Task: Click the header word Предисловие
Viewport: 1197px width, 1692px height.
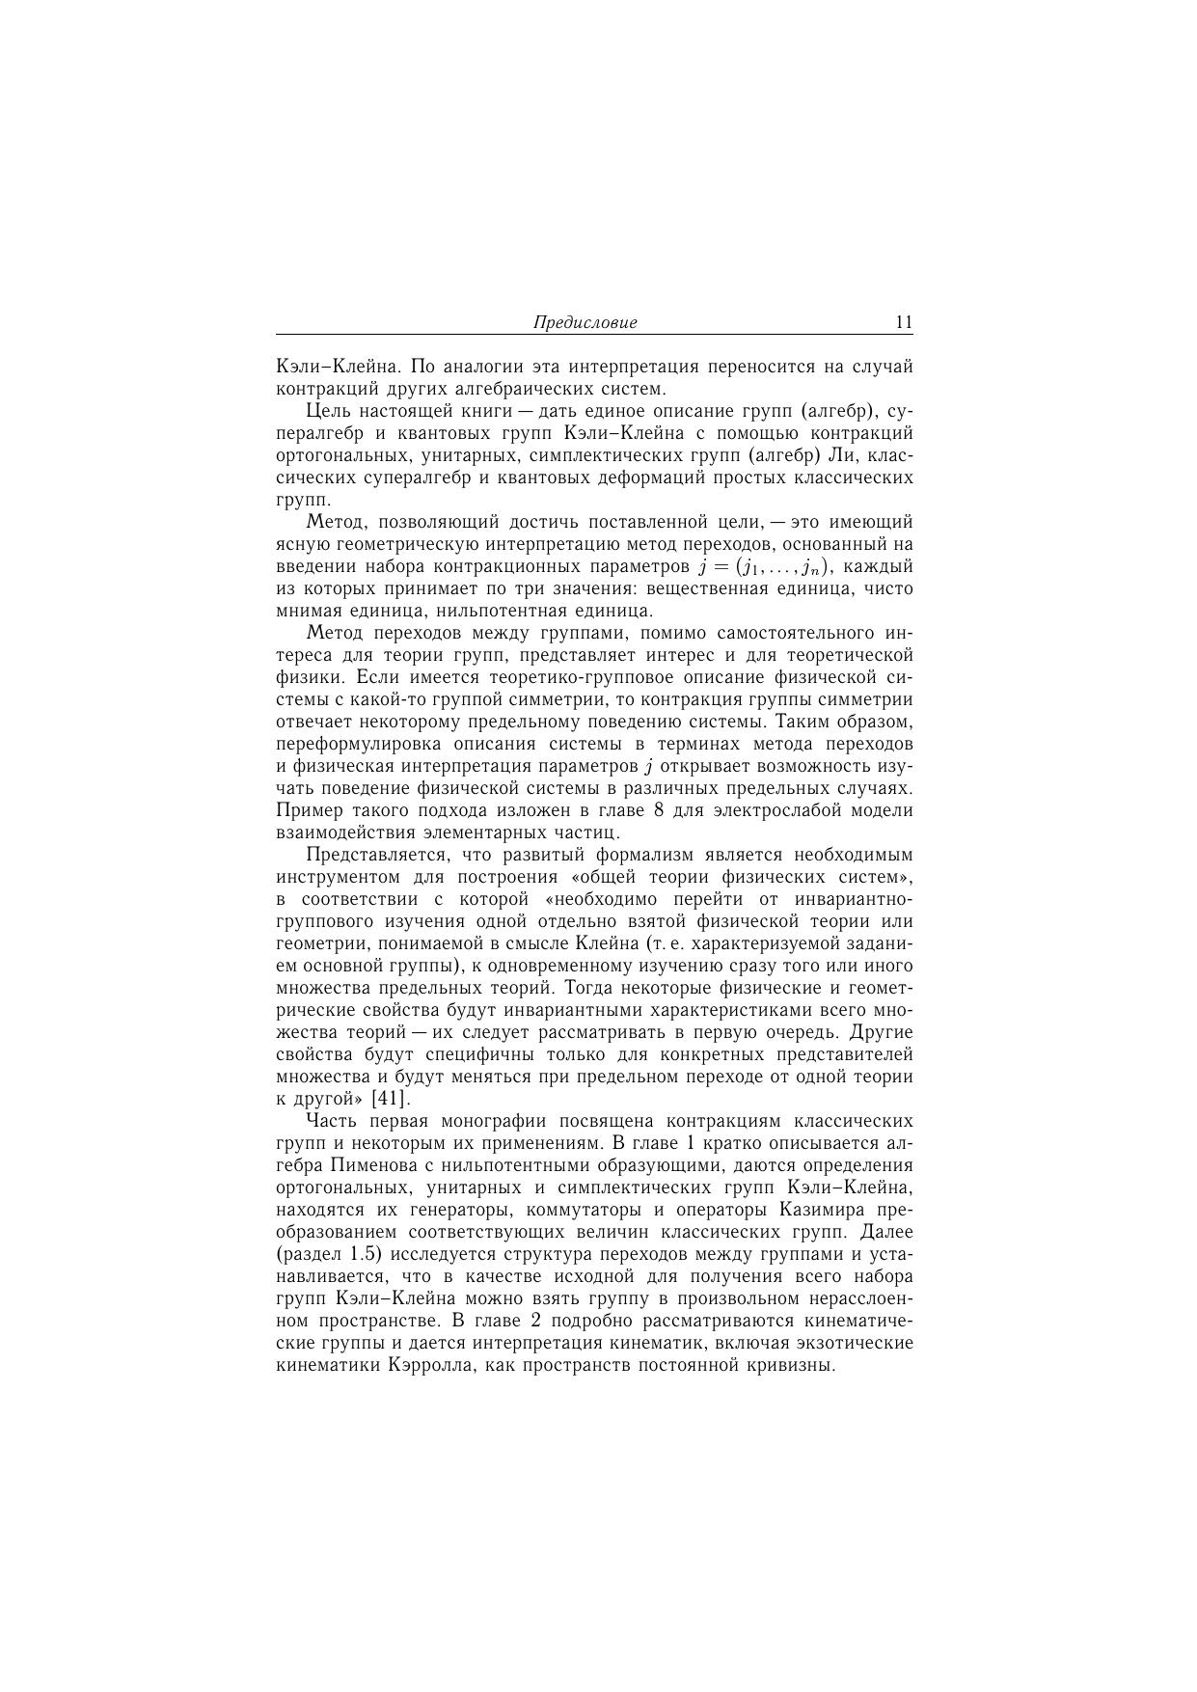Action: [x=585, y=323]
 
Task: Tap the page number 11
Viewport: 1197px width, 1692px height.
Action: [x=903, y=322]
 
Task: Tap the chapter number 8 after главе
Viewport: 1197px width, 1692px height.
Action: [x=659, y=810]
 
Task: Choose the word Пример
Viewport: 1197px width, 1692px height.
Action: [x=307, y=810]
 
